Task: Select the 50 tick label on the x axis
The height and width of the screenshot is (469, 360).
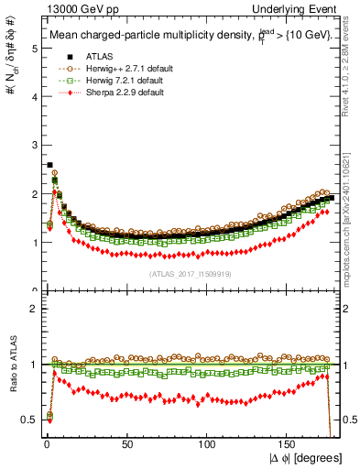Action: (x=126, y=444)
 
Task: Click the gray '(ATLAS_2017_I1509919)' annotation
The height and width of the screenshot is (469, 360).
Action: (x=190, y=274)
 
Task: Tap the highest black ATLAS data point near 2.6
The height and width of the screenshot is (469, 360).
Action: (x=49, y=165)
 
